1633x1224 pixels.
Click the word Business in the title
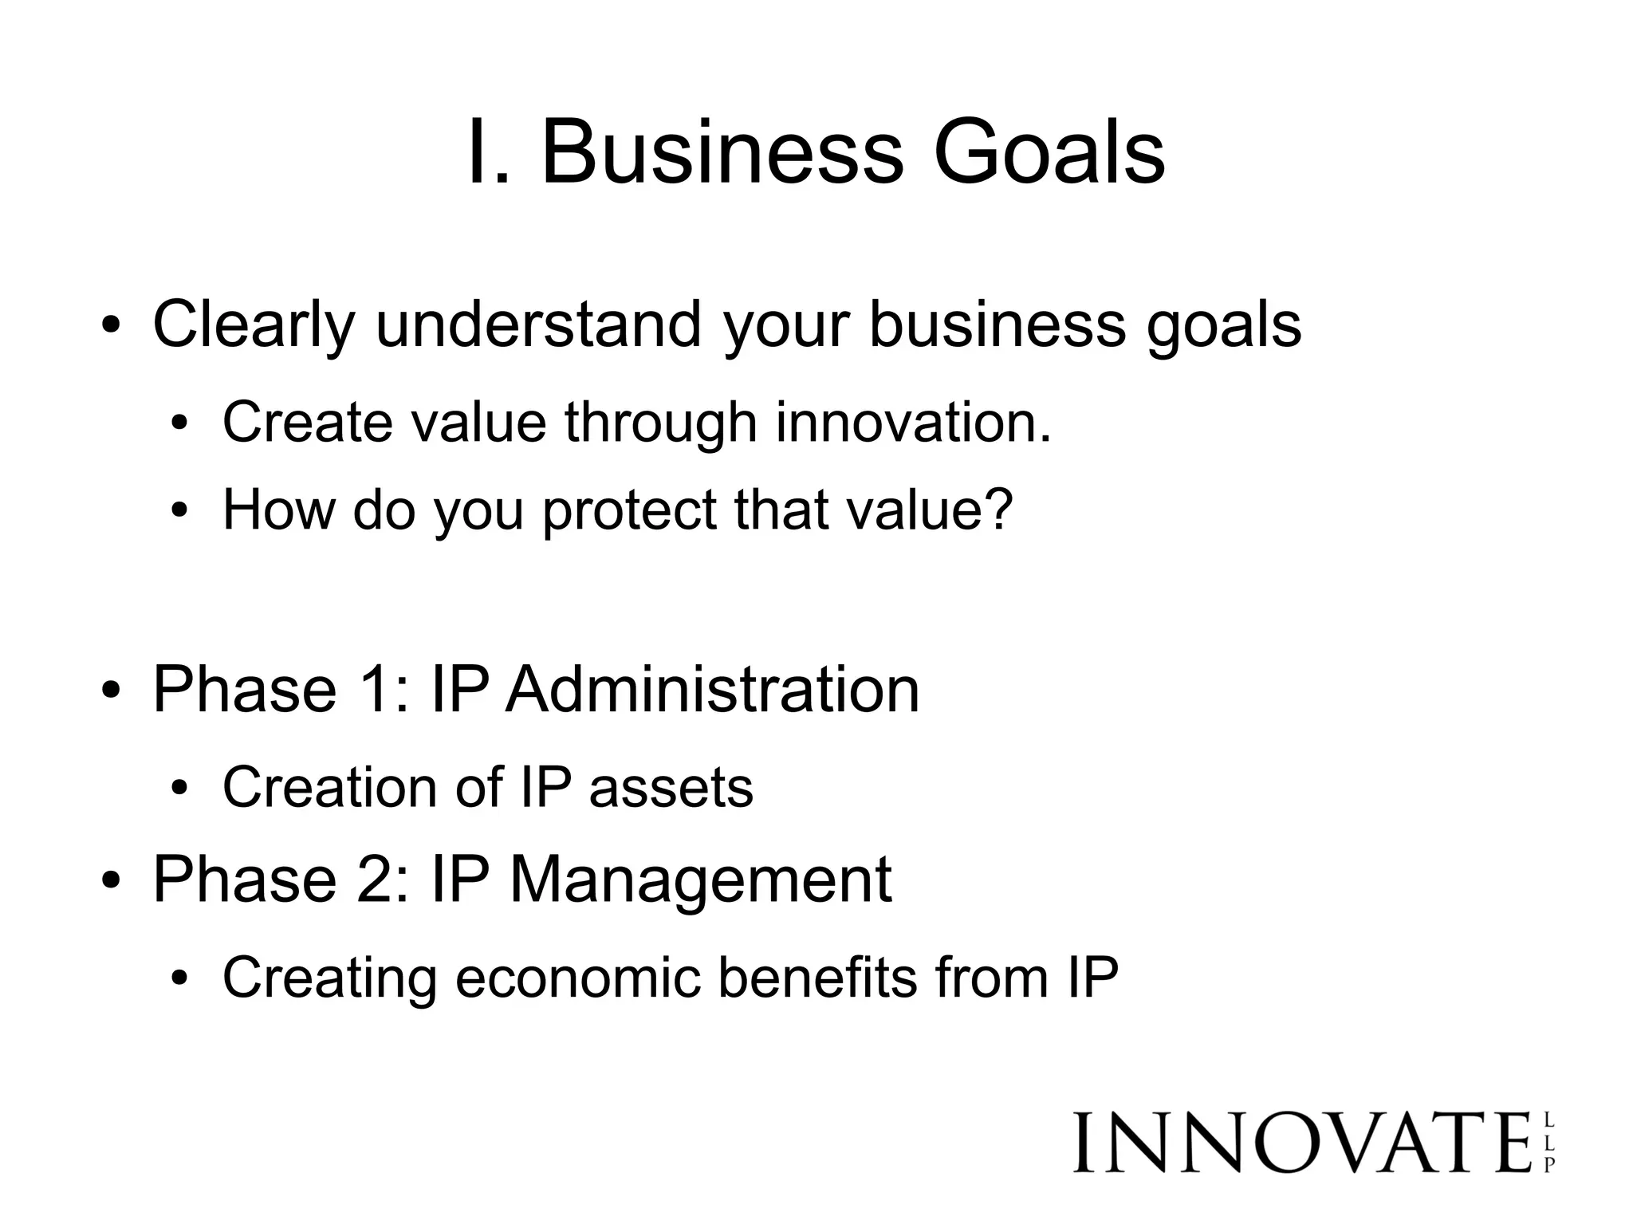722,152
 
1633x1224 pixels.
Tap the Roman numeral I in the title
481,152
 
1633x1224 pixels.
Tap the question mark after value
998,508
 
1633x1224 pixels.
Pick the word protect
629,510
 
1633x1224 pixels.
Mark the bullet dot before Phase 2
111,882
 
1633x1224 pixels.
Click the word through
660,423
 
